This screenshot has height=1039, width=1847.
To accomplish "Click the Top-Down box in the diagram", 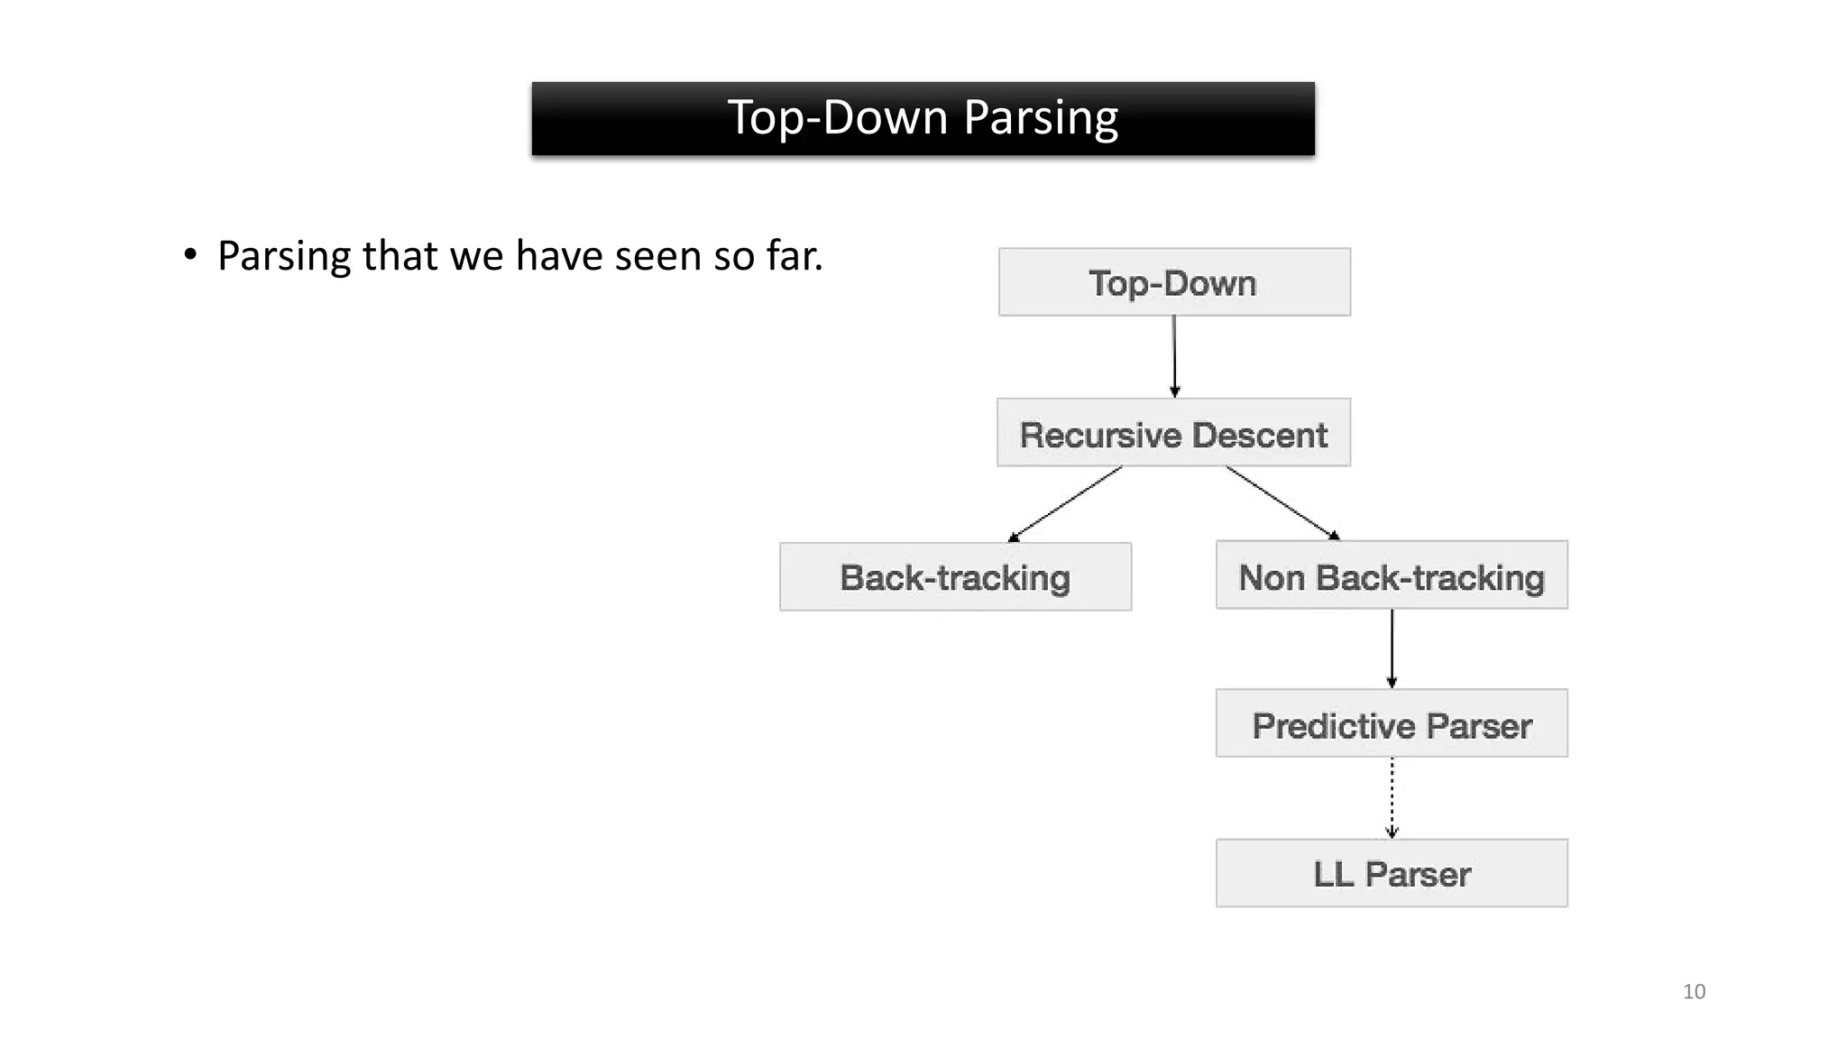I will [x=1173, y=282].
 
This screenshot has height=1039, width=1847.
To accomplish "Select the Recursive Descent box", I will [x=1173, y=433].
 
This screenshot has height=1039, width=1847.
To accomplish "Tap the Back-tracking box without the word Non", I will [x=955, y=577].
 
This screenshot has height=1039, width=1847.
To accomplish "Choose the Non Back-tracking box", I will [x=1391, y=575].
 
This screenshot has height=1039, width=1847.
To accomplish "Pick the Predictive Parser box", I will [x=1391, y=723].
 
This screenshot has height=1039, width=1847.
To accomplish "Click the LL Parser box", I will [x=1391, y=873].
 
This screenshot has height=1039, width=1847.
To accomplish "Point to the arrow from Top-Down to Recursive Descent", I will [x=1174, y=356].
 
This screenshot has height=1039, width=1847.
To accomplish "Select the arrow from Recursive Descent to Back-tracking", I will [x=1066, y=503].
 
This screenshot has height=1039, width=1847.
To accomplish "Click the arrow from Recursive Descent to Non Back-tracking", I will [x=1282, y=503].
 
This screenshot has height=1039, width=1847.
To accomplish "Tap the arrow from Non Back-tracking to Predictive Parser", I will [x=1392, y=648].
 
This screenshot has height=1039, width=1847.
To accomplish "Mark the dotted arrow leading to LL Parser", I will [x=1392, y=797].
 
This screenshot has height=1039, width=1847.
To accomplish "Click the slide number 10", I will [x=1694, y=992].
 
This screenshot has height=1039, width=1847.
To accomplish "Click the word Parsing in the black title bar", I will [x=1041, y=117].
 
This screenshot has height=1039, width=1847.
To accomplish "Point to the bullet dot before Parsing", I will [x=189, y=255].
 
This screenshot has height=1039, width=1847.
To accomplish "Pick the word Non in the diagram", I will [x=1272, y=577].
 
